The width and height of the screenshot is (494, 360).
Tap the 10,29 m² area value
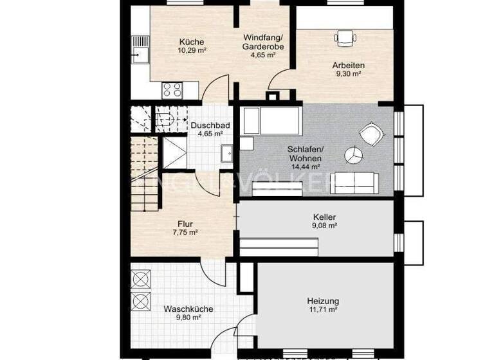click(x=192, y=50)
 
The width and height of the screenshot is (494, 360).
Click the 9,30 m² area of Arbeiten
click(x=347, y=74)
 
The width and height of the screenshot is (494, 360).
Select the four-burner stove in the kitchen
click(x=172, y=89)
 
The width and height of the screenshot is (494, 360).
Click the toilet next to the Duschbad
click(x=165, y=118)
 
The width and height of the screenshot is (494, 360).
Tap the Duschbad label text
click(x=207, y=125)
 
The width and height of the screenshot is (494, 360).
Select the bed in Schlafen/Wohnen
click(x=271, y=120)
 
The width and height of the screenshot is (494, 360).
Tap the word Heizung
click(x=324, y=301)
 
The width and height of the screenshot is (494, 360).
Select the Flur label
click(x=185, y=224)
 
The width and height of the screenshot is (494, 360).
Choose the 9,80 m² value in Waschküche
click(x=187, y=318)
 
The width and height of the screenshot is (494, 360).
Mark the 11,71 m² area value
click(x=324, y=310)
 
